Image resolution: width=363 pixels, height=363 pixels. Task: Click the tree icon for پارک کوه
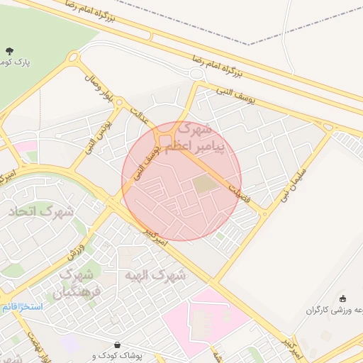point(9,50)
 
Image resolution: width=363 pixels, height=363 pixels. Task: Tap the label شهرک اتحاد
point(41,211)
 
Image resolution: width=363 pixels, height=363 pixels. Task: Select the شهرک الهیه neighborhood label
point(155,274)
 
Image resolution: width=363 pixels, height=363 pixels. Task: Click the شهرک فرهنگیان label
point(79,282)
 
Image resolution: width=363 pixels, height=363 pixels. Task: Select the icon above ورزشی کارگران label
point(343,298)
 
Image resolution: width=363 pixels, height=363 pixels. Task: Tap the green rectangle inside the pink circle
point(204,184)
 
